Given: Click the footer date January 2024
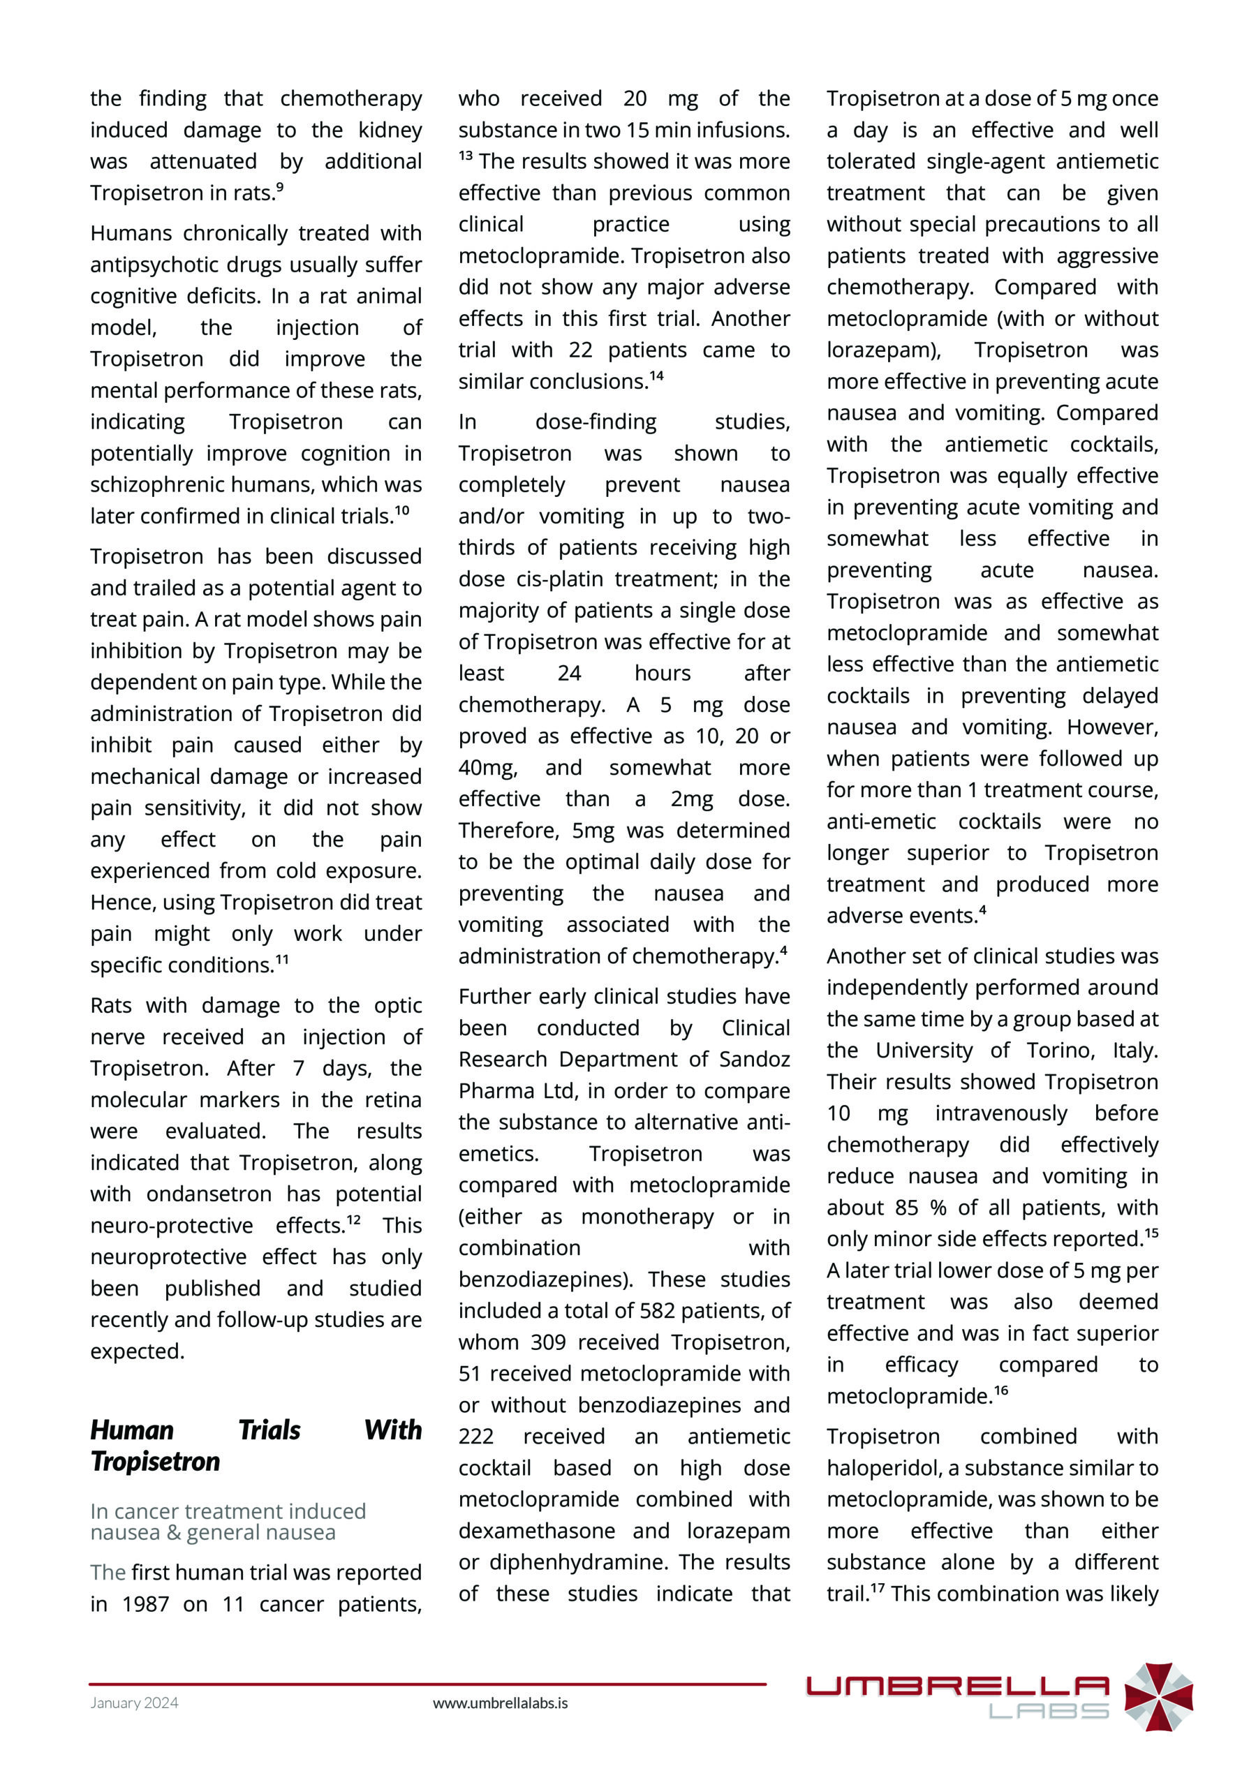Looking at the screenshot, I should [134, 1702].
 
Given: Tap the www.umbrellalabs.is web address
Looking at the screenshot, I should [500, 1702].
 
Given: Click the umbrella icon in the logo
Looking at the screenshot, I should [1158, 1697].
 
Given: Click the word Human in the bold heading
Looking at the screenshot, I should [131, 1430].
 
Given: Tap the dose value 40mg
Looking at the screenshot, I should [487, 767].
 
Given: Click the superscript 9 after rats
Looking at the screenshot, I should [280, 187].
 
